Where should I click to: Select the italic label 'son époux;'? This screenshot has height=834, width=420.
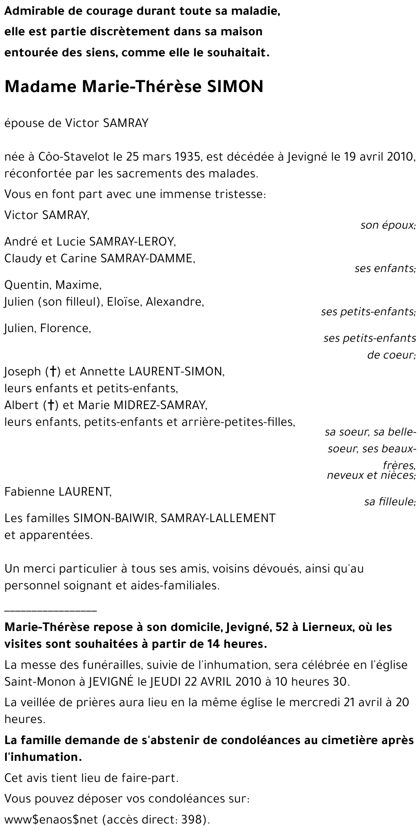click(x=388, y=225)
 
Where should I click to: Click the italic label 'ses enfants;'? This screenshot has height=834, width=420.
click(x=385, y=268)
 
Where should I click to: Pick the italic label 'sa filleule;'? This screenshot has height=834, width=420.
click(x=390, y=501)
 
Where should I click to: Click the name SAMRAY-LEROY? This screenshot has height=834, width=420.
click(x=132, y=241)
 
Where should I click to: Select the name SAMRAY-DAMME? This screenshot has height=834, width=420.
click(x=147, y=258)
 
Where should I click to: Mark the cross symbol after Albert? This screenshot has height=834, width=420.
click(x=51, y=405)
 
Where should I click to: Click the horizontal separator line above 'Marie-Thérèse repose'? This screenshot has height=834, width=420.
click(x=50, y=610)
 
